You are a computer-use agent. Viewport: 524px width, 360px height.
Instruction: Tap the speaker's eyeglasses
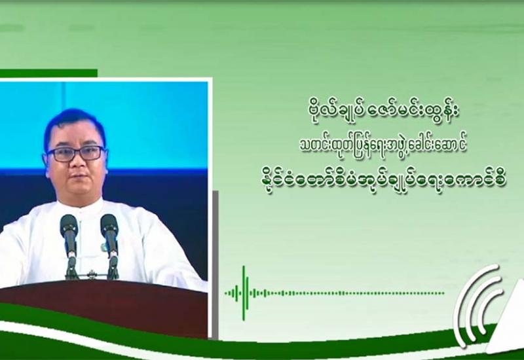(75, 153)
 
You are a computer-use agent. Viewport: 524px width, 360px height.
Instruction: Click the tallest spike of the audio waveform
(244, 293)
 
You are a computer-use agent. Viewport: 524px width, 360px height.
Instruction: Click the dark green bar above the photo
(48, 73)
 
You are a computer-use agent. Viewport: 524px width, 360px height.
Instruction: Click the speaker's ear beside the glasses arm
(46, 161)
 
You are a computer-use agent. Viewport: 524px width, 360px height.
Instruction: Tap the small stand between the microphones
(90, 275)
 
